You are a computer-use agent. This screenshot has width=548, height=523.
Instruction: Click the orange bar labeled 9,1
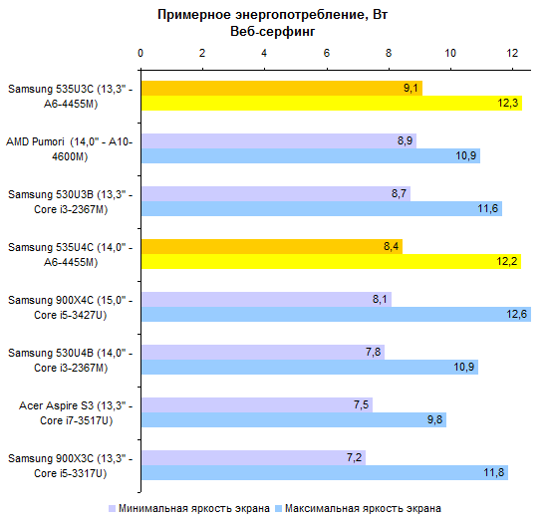pyautogui.click(x=282, y=88)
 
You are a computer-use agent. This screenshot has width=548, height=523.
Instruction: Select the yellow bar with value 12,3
pyautogui.click(x=332, y=103)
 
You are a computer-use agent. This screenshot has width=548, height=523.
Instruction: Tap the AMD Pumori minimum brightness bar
pyautogui.click(x=279, y=140)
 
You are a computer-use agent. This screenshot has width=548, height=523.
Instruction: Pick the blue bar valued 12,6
pyautogui.click(x=336, y=314)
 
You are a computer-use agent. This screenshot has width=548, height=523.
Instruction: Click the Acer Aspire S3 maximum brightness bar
pyautogui.click(x=294, y=419)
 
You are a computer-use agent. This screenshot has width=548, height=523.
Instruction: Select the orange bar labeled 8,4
pyautogui.click(x=272, y=247)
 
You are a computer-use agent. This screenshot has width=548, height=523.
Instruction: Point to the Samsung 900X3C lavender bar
pyautogui.click(x=253, y=457)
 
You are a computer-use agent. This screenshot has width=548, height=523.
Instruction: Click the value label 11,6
pyautogui.click(x=487, y=208)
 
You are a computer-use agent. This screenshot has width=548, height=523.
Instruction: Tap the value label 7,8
pyautogui.click(x=373, y=352)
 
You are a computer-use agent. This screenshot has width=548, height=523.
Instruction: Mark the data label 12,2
pyautogui.click(x=507, y=261)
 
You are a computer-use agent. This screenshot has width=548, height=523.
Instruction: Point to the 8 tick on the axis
pyautogui.click(x=389, y=53)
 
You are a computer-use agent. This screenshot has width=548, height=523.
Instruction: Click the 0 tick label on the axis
pyautogui.click(x=140, y=53)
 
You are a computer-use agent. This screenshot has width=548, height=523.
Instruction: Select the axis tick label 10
pyautogui.click(x=450, y=53)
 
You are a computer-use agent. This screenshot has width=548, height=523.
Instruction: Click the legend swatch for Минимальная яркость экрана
pyautogui.click(x=112, y=508)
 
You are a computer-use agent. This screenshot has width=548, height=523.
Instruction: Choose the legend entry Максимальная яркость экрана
pyautogui.click(x=359, y=508)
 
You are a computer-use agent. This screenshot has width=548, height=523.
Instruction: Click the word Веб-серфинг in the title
pyautogui.click(x=273, y=32)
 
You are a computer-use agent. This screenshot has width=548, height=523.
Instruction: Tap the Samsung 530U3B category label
pyautogui.click(x=71, y=201)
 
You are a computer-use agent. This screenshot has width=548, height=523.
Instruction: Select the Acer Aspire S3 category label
pyautogui.click(x=76, y=413)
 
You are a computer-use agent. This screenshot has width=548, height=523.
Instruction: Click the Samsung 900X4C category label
pyautogui.click(x=71, y=308)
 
